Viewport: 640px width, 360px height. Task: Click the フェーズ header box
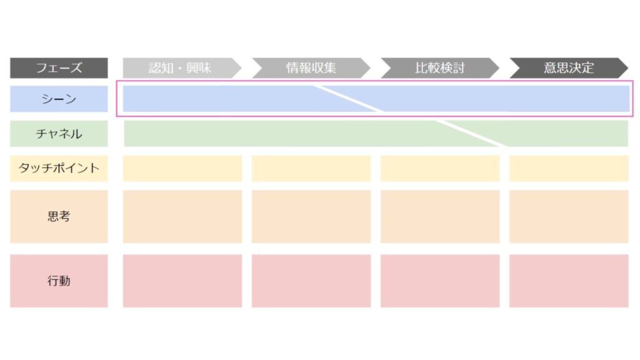pos(59,67)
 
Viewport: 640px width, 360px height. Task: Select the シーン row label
pos(59,99)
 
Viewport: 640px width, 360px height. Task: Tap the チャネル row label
pos(59,134)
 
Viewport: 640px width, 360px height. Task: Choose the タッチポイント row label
pos(59,168)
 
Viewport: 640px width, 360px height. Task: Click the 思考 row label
pos(59,216)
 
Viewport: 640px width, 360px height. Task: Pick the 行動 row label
pos(59,281)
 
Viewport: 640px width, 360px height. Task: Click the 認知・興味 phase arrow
pos(182,67)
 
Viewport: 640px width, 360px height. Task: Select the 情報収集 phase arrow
pos(311,67)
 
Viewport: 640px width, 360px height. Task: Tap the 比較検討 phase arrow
pos(440,67)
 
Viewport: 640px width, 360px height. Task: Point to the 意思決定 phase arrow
pos(569,67)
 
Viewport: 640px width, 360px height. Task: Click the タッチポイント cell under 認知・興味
pos(182,168)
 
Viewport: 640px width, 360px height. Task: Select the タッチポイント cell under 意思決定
pos(569,168)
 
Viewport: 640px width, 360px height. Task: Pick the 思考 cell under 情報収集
pos(311,216)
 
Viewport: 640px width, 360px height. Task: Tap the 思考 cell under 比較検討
pos(440,216)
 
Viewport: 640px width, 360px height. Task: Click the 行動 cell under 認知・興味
pos(182,281)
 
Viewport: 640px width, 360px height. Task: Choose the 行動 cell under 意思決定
pos(569,281)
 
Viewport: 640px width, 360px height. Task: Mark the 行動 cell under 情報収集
pos(311,281)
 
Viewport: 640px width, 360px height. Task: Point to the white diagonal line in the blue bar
pos(348,98)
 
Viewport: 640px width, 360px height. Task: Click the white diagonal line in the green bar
pos(471,133)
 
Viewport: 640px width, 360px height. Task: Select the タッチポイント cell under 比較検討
pos(440,168)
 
